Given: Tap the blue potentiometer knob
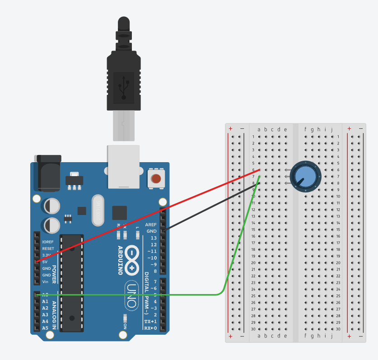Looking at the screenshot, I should (x=305, y=176).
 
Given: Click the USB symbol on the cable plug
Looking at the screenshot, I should (x=123, y=86).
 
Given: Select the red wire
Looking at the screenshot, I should (x=149, y=215).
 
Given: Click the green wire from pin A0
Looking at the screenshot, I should (x=135, y=295).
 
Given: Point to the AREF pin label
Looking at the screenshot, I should (x=150, y=224).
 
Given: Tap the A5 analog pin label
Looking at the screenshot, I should (x=45, y=327).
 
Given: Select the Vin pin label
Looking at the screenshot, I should (x=45, y=282).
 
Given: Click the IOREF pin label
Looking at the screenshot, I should (x=48, y=242).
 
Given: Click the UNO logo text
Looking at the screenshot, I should (x=131, y=296).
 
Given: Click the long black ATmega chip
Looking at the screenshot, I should (x=72, y=283).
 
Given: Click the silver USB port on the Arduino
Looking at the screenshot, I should (x=122, y=166).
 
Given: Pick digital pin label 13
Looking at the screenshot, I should (x=153, y=238).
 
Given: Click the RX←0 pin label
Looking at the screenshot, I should (x=150, y=328).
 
